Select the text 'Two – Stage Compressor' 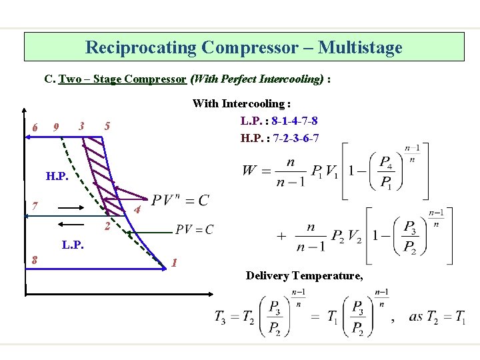coord(123,79)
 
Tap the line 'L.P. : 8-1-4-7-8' coord(279,121)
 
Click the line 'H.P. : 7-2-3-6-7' coord(279,138)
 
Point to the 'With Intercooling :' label coord(241,103)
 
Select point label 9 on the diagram coord(57,127)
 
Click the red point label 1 coord(174,262)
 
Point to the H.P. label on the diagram coord(56,177)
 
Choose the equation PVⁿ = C coord(180,200)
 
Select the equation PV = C coord(195,230)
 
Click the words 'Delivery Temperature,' coord(305,275)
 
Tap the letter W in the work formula coord(249,171)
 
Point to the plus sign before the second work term coord(281,236)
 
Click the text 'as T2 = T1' coord(437,317)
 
